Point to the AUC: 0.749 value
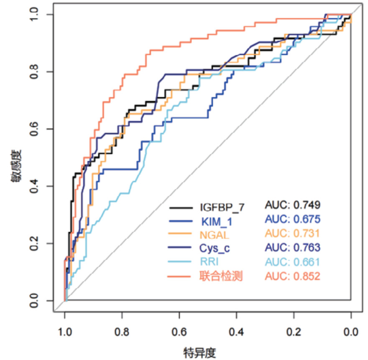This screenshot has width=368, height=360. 293,205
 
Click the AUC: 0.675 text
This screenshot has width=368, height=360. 293,219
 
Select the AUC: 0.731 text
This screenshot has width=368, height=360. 293,233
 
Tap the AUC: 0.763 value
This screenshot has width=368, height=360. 293,248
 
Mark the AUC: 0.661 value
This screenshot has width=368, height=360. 293,262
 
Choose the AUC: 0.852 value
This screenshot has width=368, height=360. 293,276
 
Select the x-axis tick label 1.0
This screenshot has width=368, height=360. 65,333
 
